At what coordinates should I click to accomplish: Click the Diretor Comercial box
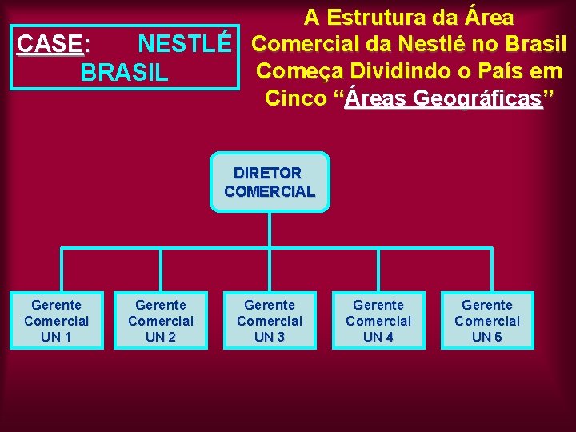pyautogui.click(x=270, y=182)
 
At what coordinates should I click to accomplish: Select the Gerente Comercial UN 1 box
pyautogui.click(x=56, y=321)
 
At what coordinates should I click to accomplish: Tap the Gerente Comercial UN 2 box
pyautogui.click(x=161, y=321)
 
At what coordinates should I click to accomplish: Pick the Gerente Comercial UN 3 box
pyautogui.click(x=270, y=321)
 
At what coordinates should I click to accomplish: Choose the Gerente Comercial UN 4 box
pyautogui.click(x=378, y=321)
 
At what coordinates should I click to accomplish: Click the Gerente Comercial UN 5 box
pyautogui.click(x=487, y=321)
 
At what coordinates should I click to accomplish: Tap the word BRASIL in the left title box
pyautogui.click(x=125, y=72)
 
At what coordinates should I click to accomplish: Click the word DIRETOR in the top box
pyautogui.click(x=268, y=173)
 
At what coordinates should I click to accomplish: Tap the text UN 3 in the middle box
pyautogui.click(x=270, y=337)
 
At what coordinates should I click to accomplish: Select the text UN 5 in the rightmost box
pyautogui.click(x=487, y=337)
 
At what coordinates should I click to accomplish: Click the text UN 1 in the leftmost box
pyautogui.click(x=56, y=337)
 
